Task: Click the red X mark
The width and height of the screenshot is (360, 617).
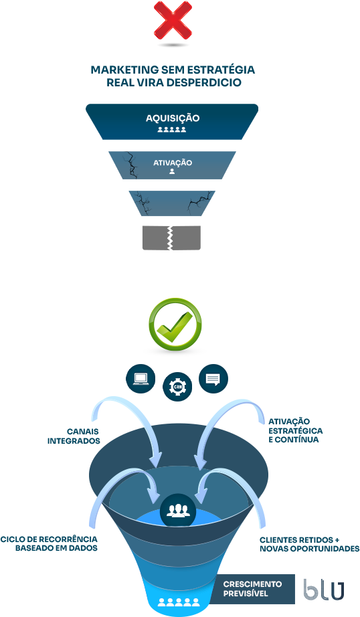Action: (173, 21)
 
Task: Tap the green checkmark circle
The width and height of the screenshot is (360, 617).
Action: (175, 325)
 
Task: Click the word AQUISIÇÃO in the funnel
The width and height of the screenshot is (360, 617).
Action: (173, 118)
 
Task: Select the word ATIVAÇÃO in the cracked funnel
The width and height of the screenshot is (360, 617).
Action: (173, 162)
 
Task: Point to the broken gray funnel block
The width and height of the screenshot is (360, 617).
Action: (171, 238)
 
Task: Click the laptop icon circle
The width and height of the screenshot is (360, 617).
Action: (141, 379)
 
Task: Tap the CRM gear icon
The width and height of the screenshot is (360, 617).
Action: (177, 387)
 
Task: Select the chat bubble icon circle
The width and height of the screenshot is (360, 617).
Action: (213, 379)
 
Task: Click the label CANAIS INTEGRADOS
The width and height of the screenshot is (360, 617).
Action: (74, 436)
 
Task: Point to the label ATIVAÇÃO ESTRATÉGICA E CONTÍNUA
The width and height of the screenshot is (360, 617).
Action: (296, 430)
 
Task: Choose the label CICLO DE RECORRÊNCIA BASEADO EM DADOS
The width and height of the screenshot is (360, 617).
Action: (49, 543)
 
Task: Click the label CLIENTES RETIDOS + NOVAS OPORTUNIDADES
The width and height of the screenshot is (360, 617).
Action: (309, 544)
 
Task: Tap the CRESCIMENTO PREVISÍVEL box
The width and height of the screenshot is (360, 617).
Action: (252, 589)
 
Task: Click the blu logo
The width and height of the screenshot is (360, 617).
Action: (324, 590)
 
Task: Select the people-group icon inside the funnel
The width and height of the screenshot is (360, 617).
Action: (178, 510)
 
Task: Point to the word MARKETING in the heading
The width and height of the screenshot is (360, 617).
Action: (124, 70)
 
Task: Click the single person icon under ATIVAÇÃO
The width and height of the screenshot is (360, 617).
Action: (171, 171)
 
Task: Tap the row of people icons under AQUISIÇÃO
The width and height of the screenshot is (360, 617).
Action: (172, 129)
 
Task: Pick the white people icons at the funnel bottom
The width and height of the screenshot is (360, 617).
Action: (179, 602)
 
